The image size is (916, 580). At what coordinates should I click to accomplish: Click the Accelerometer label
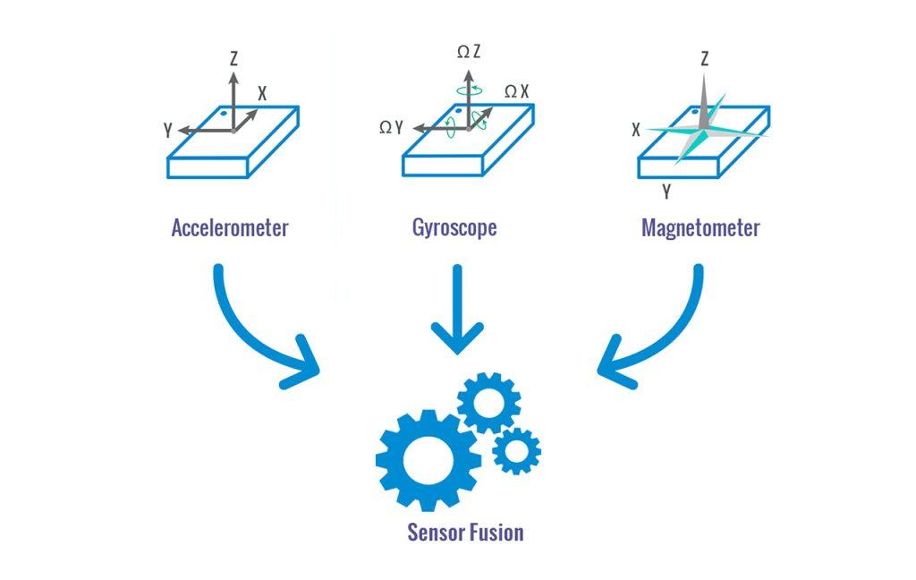[230, 227]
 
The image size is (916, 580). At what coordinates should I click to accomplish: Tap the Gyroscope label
[454, 227]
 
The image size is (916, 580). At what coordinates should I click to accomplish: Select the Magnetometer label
[700, 227]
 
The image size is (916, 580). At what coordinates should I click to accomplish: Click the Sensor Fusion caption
[465, 533]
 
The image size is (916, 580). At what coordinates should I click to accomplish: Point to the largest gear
[428, 460]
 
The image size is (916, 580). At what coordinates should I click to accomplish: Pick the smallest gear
[516, 450]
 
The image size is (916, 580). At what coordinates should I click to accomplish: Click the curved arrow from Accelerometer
[259, 336]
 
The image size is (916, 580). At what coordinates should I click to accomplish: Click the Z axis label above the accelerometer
[233, 60]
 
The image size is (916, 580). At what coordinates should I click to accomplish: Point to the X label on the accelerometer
[262, 92]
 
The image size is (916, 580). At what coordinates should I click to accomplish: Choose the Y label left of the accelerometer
[168, 130]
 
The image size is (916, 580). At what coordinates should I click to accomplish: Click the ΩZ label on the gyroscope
[469, 53]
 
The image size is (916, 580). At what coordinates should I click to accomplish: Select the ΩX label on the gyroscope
[517, 91]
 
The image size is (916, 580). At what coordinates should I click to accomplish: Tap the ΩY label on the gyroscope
[391, 128]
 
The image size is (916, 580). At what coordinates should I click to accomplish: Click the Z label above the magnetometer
[705, 60]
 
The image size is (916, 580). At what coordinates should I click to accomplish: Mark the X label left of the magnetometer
[636, 130]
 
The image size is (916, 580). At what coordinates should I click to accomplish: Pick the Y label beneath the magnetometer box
[666, 191]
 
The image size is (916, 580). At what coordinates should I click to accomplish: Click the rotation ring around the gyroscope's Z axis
[468, 90]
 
